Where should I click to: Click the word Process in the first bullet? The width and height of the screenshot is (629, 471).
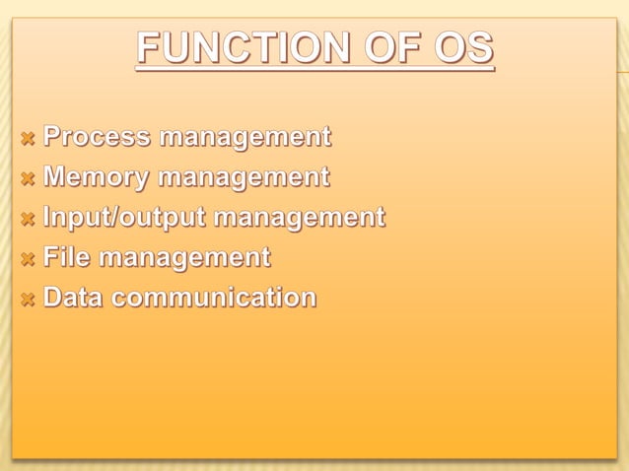tap(96, 136)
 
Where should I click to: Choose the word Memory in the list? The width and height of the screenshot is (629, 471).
tap(96, 177)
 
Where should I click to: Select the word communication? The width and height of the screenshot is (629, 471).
tap(214, 297)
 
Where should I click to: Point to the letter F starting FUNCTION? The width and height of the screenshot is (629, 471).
tap(147, 49)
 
